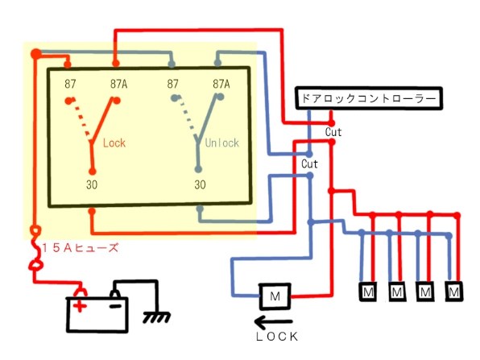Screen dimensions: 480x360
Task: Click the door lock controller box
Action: tap(369, 98)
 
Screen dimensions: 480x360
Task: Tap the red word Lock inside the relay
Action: tap(114, 143)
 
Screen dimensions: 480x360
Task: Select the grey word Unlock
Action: tap(222, 143)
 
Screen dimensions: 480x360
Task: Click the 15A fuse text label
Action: tap(81, 248)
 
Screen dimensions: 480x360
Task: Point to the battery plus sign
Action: tap(80, 305)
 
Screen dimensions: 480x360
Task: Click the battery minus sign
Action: tap(116, 305)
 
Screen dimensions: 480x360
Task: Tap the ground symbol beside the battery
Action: tap(156, 317)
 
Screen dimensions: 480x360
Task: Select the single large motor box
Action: tap(275, 296)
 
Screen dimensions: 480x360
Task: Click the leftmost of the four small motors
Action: tap(368, 292)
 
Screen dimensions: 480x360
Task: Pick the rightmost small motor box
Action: tap(454, 292)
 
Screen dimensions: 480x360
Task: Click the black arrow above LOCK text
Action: tap(273, 321)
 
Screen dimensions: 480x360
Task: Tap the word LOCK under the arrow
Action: tap(277, 337)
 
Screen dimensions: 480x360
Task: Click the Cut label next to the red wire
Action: tap(333, 132)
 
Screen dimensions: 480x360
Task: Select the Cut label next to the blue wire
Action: tap(309, 164)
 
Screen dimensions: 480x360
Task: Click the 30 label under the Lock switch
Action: tap(92, 184)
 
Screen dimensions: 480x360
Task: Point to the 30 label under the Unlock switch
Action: tap(200, 184)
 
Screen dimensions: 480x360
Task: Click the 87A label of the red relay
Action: tap(118, 84)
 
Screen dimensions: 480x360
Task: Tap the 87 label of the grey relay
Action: tap(172, 84)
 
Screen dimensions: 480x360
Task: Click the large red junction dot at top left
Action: tap(35, 54)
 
